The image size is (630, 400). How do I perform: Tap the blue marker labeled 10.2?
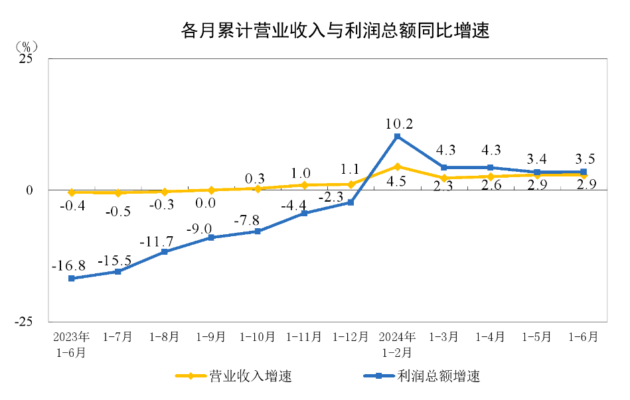[x=397, y=137]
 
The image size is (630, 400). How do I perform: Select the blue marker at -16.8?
[x=71, y=279]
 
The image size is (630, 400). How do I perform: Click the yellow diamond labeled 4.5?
[x=397, y=167]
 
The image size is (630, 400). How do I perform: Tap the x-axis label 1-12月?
[x=350, y=337]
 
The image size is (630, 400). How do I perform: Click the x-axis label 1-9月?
[x=210, y=337]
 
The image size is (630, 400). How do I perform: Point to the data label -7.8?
[x=250, y=220]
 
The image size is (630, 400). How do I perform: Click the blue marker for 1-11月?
[x=304, y=214]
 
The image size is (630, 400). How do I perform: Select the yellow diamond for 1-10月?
[x=258, y=188]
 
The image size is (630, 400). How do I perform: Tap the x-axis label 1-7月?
[x=118, y=337]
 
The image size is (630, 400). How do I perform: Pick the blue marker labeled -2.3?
[x=351, y=202]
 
